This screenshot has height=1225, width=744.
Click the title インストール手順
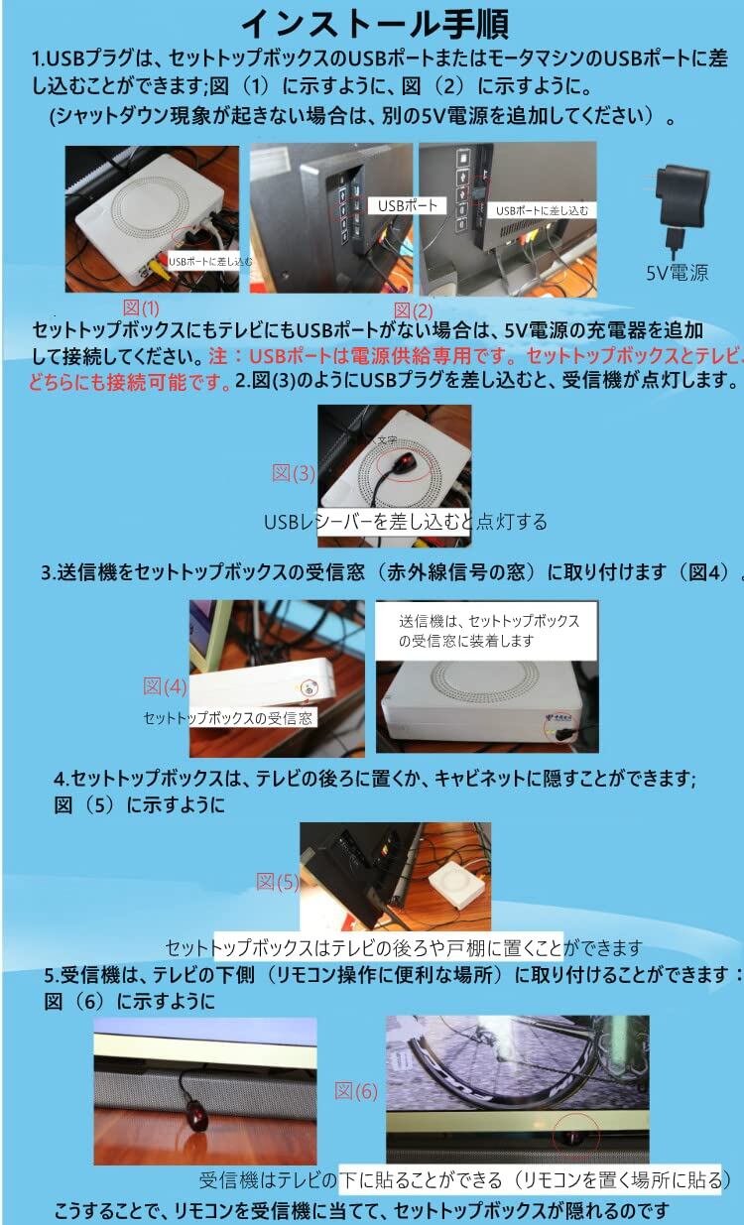375,24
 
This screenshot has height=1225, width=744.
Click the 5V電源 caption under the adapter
678,273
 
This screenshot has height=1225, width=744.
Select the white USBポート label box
408,205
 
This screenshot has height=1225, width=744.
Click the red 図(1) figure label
141,307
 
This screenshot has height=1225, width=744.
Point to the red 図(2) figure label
414,310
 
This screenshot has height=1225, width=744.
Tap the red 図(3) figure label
294,473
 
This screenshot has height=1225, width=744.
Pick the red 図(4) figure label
165,685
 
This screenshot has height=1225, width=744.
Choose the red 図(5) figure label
278,882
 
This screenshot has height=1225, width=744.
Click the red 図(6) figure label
356,1091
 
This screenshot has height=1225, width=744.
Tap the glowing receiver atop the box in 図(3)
404,464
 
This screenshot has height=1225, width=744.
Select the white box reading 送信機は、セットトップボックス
486,631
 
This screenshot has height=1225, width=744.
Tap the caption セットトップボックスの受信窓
227,717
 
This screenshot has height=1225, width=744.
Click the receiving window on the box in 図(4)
310,689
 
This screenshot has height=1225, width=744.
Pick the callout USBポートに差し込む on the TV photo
541,210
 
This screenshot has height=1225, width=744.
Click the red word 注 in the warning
217,356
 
